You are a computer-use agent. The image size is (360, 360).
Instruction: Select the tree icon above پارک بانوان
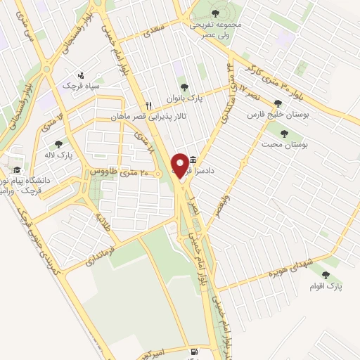tap(184, 88)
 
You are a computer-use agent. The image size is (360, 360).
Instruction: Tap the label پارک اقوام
tap(325, 287)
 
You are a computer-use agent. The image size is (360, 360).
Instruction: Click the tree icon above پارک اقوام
tap(324, 275)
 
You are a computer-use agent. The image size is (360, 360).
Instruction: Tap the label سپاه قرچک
tap(83, 86)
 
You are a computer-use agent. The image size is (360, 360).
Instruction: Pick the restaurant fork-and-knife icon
tap(148, 105)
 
